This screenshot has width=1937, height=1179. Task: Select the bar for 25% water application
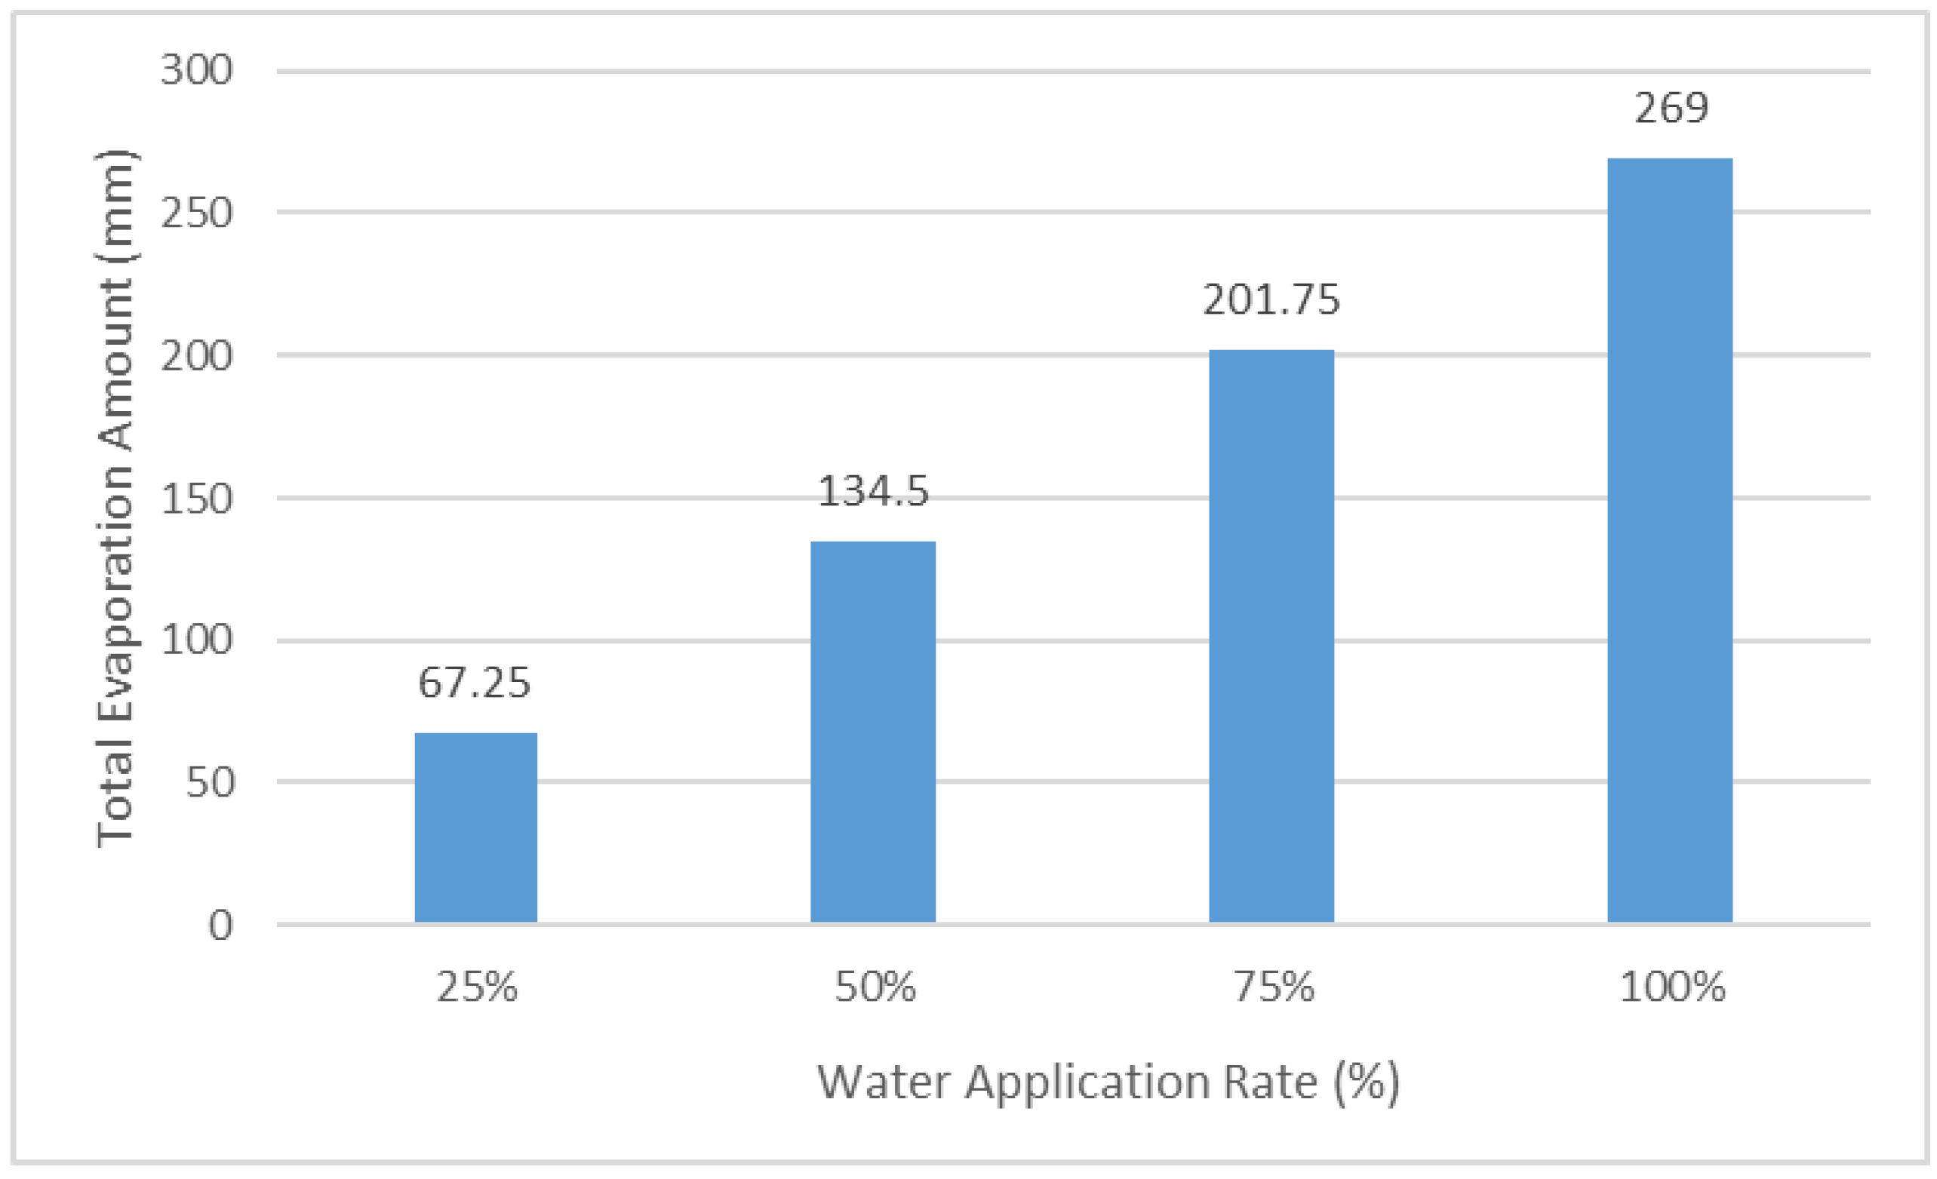pos(475,827)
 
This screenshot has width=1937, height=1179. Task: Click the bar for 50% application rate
pos(872,731)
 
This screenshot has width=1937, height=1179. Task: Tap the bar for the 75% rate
pos(1271,635)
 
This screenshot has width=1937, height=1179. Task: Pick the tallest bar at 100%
pos(1670,539)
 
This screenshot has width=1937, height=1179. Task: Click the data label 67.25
pos(474,682)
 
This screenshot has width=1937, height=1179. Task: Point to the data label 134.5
pos(872,491)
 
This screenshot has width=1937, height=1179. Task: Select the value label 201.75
pos(1271,299)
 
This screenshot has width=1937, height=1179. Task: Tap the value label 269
pos(1671,108)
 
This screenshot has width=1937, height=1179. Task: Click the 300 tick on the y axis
pos(196,70)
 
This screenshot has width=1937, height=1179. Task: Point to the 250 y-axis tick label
pos(196,212)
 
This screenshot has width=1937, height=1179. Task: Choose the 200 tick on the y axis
pos(196,355)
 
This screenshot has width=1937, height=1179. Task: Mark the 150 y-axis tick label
pos(196,499)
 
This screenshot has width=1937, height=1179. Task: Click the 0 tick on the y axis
pos(220,925)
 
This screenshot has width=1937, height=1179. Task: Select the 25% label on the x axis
pos(476,987)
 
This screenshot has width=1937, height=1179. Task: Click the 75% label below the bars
pos(1274,987)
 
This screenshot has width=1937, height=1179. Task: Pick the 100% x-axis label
pos(1672,987)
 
